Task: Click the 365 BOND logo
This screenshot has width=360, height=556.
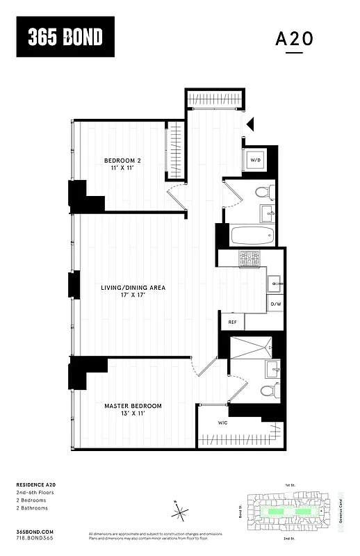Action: tap(65, 38)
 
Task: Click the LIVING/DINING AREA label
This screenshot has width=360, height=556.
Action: tap(133, 287)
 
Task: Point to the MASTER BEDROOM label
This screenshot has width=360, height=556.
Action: tap(133, 406)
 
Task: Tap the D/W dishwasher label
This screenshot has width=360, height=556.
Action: tap(275, 304)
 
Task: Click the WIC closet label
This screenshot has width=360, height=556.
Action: tap(222, 423)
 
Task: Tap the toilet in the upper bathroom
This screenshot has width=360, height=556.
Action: tap(263, 191)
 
